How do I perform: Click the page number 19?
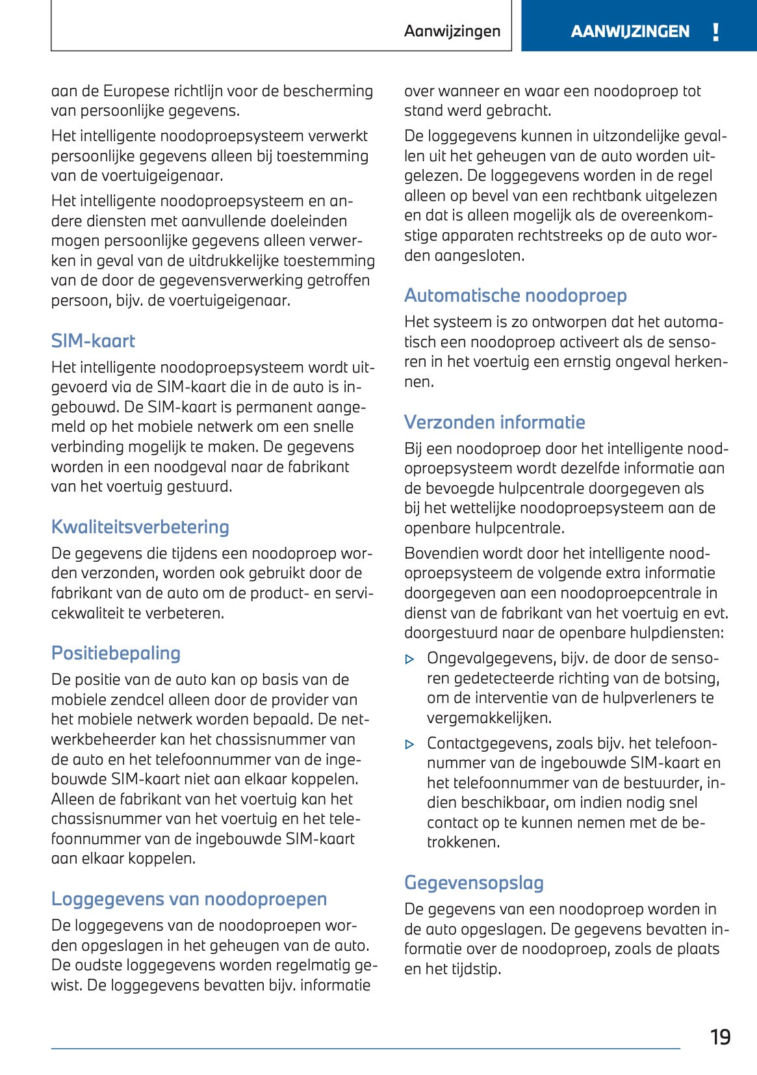[x=720, y=1037]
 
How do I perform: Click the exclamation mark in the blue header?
[x=715, y=32]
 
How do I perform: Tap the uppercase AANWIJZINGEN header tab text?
[x=630, y=32]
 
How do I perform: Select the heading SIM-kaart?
[x=93, y=341]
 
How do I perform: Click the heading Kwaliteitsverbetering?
[x=140, y=527]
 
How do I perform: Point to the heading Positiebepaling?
[x=116, y=653]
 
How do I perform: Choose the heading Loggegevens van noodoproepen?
[x=189, y=899]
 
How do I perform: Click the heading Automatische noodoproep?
[x=515, y=295]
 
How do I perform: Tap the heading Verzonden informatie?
[x=494, y=422]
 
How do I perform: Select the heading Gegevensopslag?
[x=474, y=883]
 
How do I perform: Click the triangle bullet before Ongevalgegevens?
[x=409, y=659]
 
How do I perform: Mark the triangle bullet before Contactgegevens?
[x=409, y=744]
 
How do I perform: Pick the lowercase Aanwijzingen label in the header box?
[x=452, y=31]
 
